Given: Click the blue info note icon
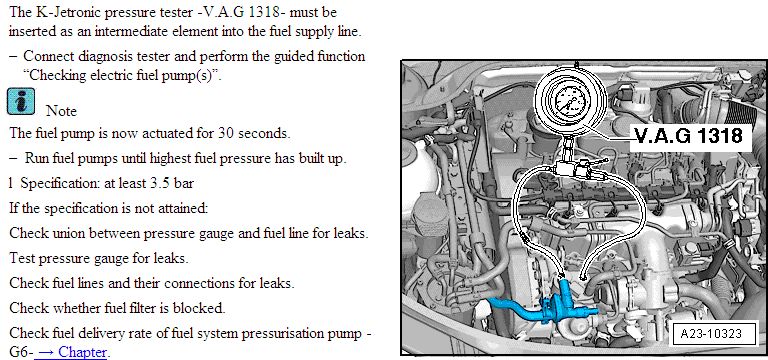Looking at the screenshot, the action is pyautogui.click(x=21, y=101).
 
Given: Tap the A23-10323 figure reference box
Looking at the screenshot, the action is pyautogui.click(x=711, y=335).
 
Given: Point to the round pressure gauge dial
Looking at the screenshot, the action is pyautogui.click(x=570, y=100).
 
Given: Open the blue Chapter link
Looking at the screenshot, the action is pyautogui.click(x=71, y=352).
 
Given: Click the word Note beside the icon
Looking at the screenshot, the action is pyautogui.click(x=61, y=111).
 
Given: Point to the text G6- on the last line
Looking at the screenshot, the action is pyautogui.click(x=21, y=352).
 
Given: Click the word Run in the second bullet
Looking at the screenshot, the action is pyautogui.click(x=35, y=158).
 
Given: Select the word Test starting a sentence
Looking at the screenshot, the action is pyautogui.click(x=22, y=258).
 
